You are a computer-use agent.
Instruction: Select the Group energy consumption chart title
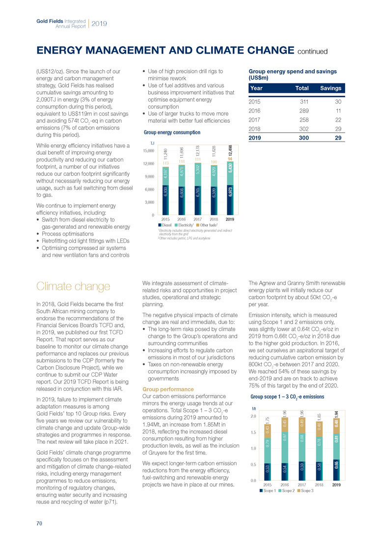[x=172, y=133]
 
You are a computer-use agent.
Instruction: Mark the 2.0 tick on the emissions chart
[x=254, y=416]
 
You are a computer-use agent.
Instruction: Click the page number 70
[x=39, y=523]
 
